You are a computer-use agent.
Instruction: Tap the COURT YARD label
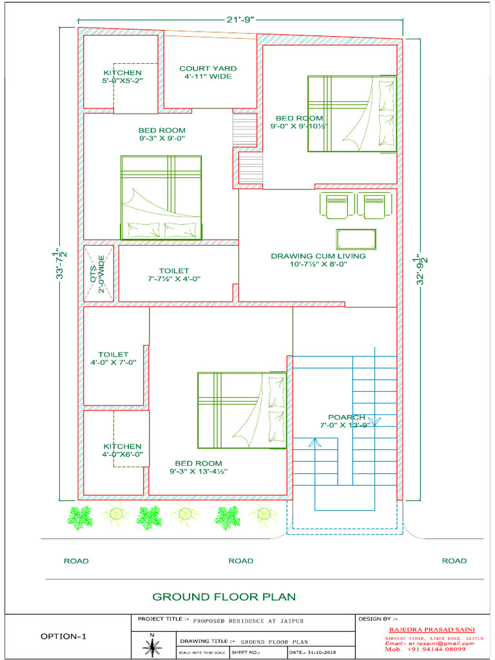tap(208, 72)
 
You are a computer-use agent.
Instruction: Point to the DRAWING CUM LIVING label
tap(318, 260)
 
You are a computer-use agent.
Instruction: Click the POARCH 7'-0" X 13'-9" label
tap(346, 421)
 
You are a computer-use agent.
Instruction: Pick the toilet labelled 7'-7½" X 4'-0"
tap(174, 275)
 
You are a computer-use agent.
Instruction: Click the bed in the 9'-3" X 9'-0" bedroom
tap(161, 197)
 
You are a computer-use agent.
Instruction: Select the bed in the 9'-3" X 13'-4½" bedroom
tap(242, 409)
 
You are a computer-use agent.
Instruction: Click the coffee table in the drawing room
tap(356, 238)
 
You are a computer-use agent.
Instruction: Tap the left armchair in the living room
tap(336, 206)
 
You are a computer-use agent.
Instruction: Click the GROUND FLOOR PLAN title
tap(224, 597)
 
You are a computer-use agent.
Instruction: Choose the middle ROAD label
tap(240, 561)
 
